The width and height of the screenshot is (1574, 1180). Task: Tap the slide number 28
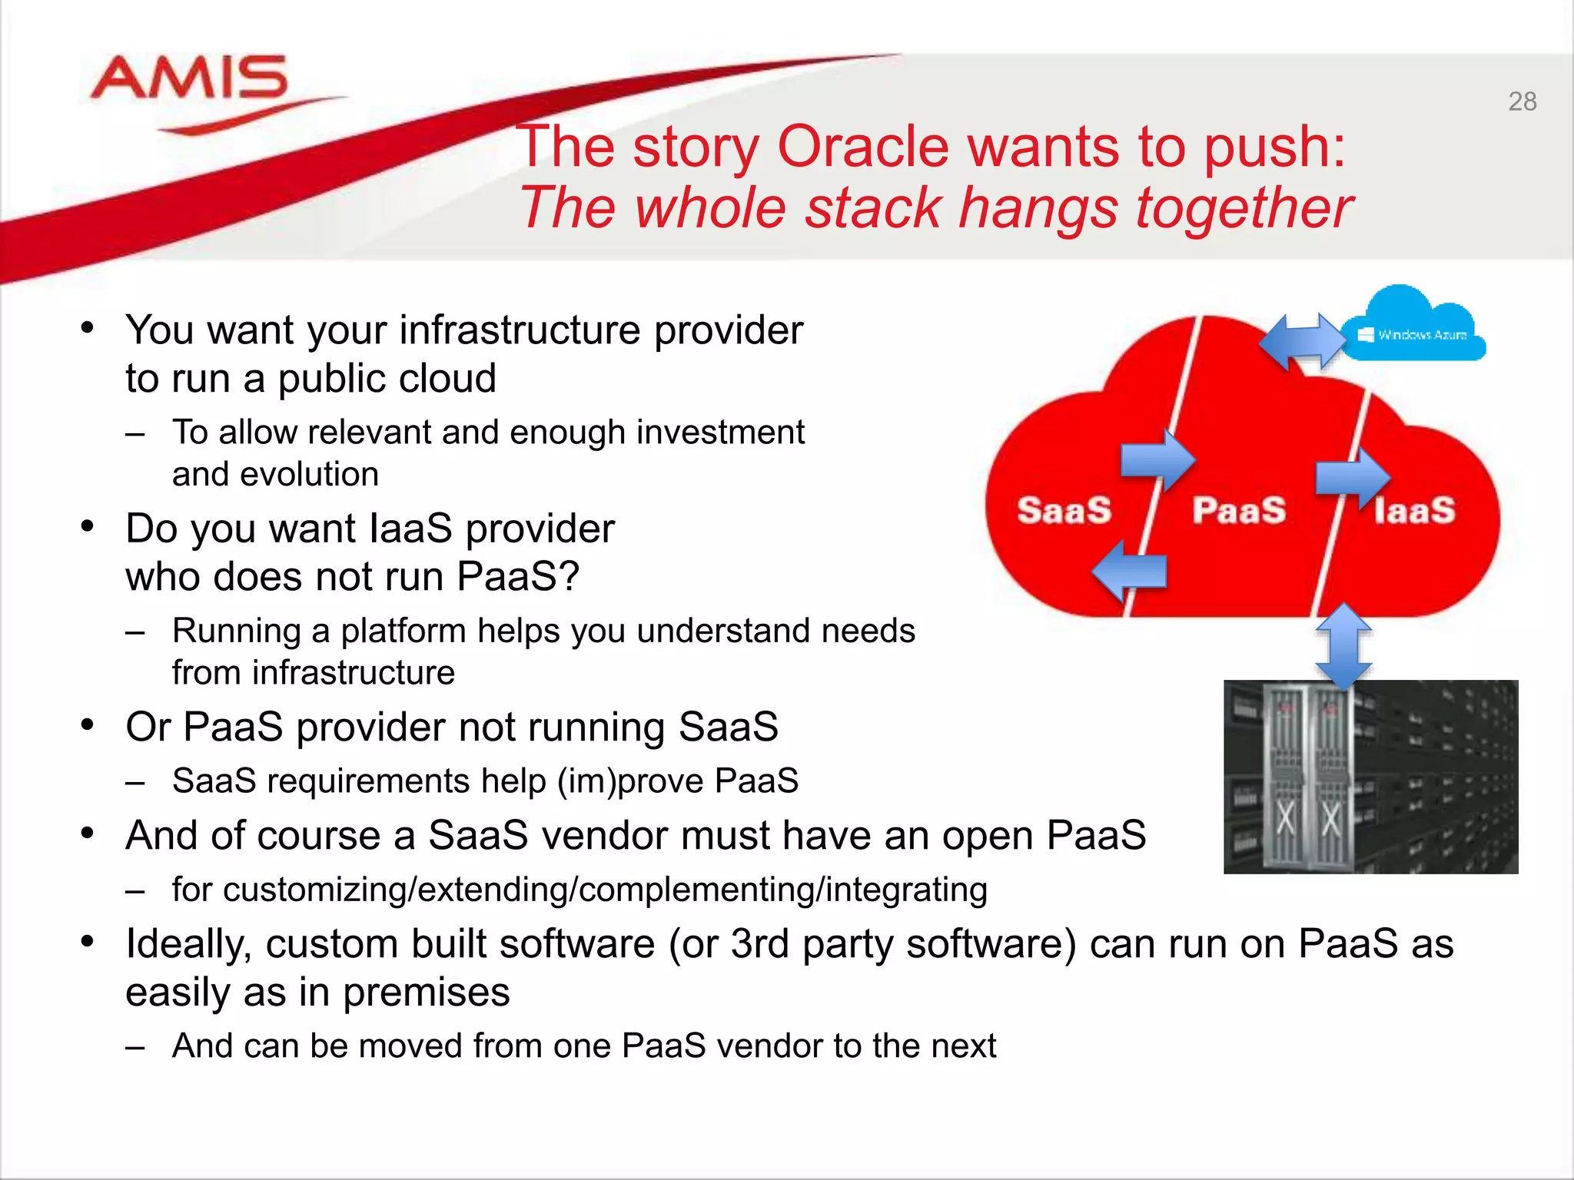[x=1522, y=101]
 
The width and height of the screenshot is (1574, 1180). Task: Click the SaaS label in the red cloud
[x=1064, y=510]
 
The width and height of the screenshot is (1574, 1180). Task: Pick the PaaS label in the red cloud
[x=1239, y=510]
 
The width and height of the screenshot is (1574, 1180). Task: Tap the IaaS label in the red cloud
[x=1414, y=510]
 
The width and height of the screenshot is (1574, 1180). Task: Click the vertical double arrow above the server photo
[x=1343, y=645]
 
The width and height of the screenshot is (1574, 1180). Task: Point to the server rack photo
[x=1370, y=776]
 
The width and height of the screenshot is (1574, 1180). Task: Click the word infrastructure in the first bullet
[x=520, y=330]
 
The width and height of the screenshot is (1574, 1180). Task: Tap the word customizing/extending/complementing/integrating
[x=579, y=890]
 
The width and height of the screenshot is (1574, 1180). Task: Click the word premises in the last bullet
[x=426, y=992]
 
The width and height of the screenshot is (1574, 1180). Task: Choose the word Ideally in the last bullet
[x=188, y=943]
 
